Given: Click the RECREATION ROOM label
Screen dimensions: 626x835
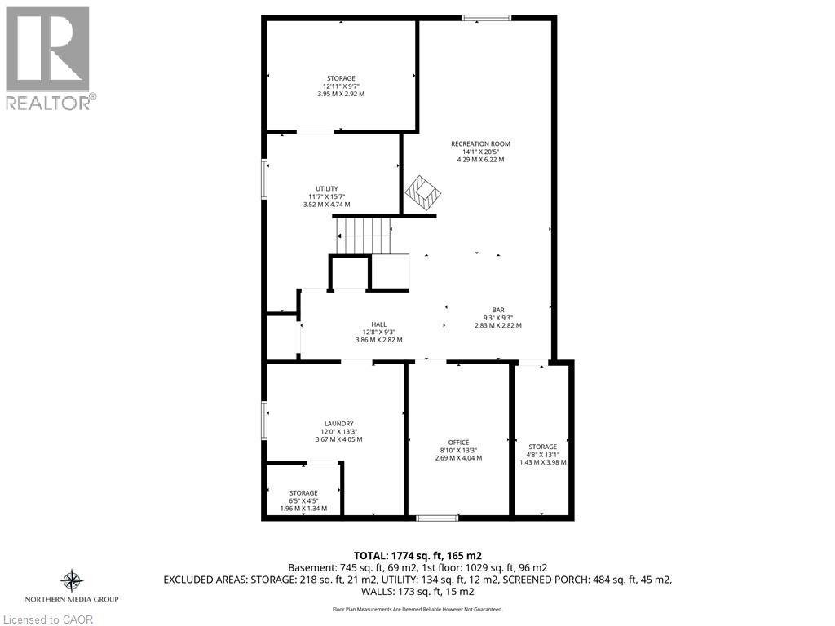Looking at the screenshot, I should click(x=480, y=144).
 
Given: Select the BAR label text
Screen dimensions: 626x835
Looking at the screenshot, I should click(x=497, y=310).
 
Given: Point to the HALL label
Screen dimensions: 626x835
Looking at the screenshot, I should click(x=378, y=324).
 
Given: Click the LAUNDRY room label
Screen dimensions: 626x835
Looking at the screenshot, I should click(x=338, y=423).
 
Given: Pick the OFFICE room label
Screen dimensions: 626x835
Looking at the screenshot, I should click(x=458, y=443).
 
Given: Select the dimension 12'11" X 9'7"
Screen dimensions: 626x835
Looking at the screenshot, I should click(x=341, y=86).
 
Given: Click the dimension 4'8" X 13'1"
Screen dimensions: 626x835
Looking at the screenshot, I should click(x=542, y=454).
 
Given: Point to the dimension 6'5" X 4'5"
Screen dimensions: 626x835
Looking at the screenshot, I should click(x=303, y=500).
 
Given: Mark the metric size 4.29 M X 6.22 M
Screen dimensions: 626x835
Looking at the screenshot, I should click(x=480, y=160).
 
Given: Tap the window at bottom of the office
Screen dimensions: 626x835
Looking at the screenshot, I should click(x=437, y=517).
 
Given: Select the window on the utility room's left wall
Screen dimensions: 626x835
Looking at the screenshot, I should click(x=263, y=177).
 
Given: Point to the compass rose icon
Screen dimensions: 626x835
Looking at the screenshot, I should click(x=73, y=580).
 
